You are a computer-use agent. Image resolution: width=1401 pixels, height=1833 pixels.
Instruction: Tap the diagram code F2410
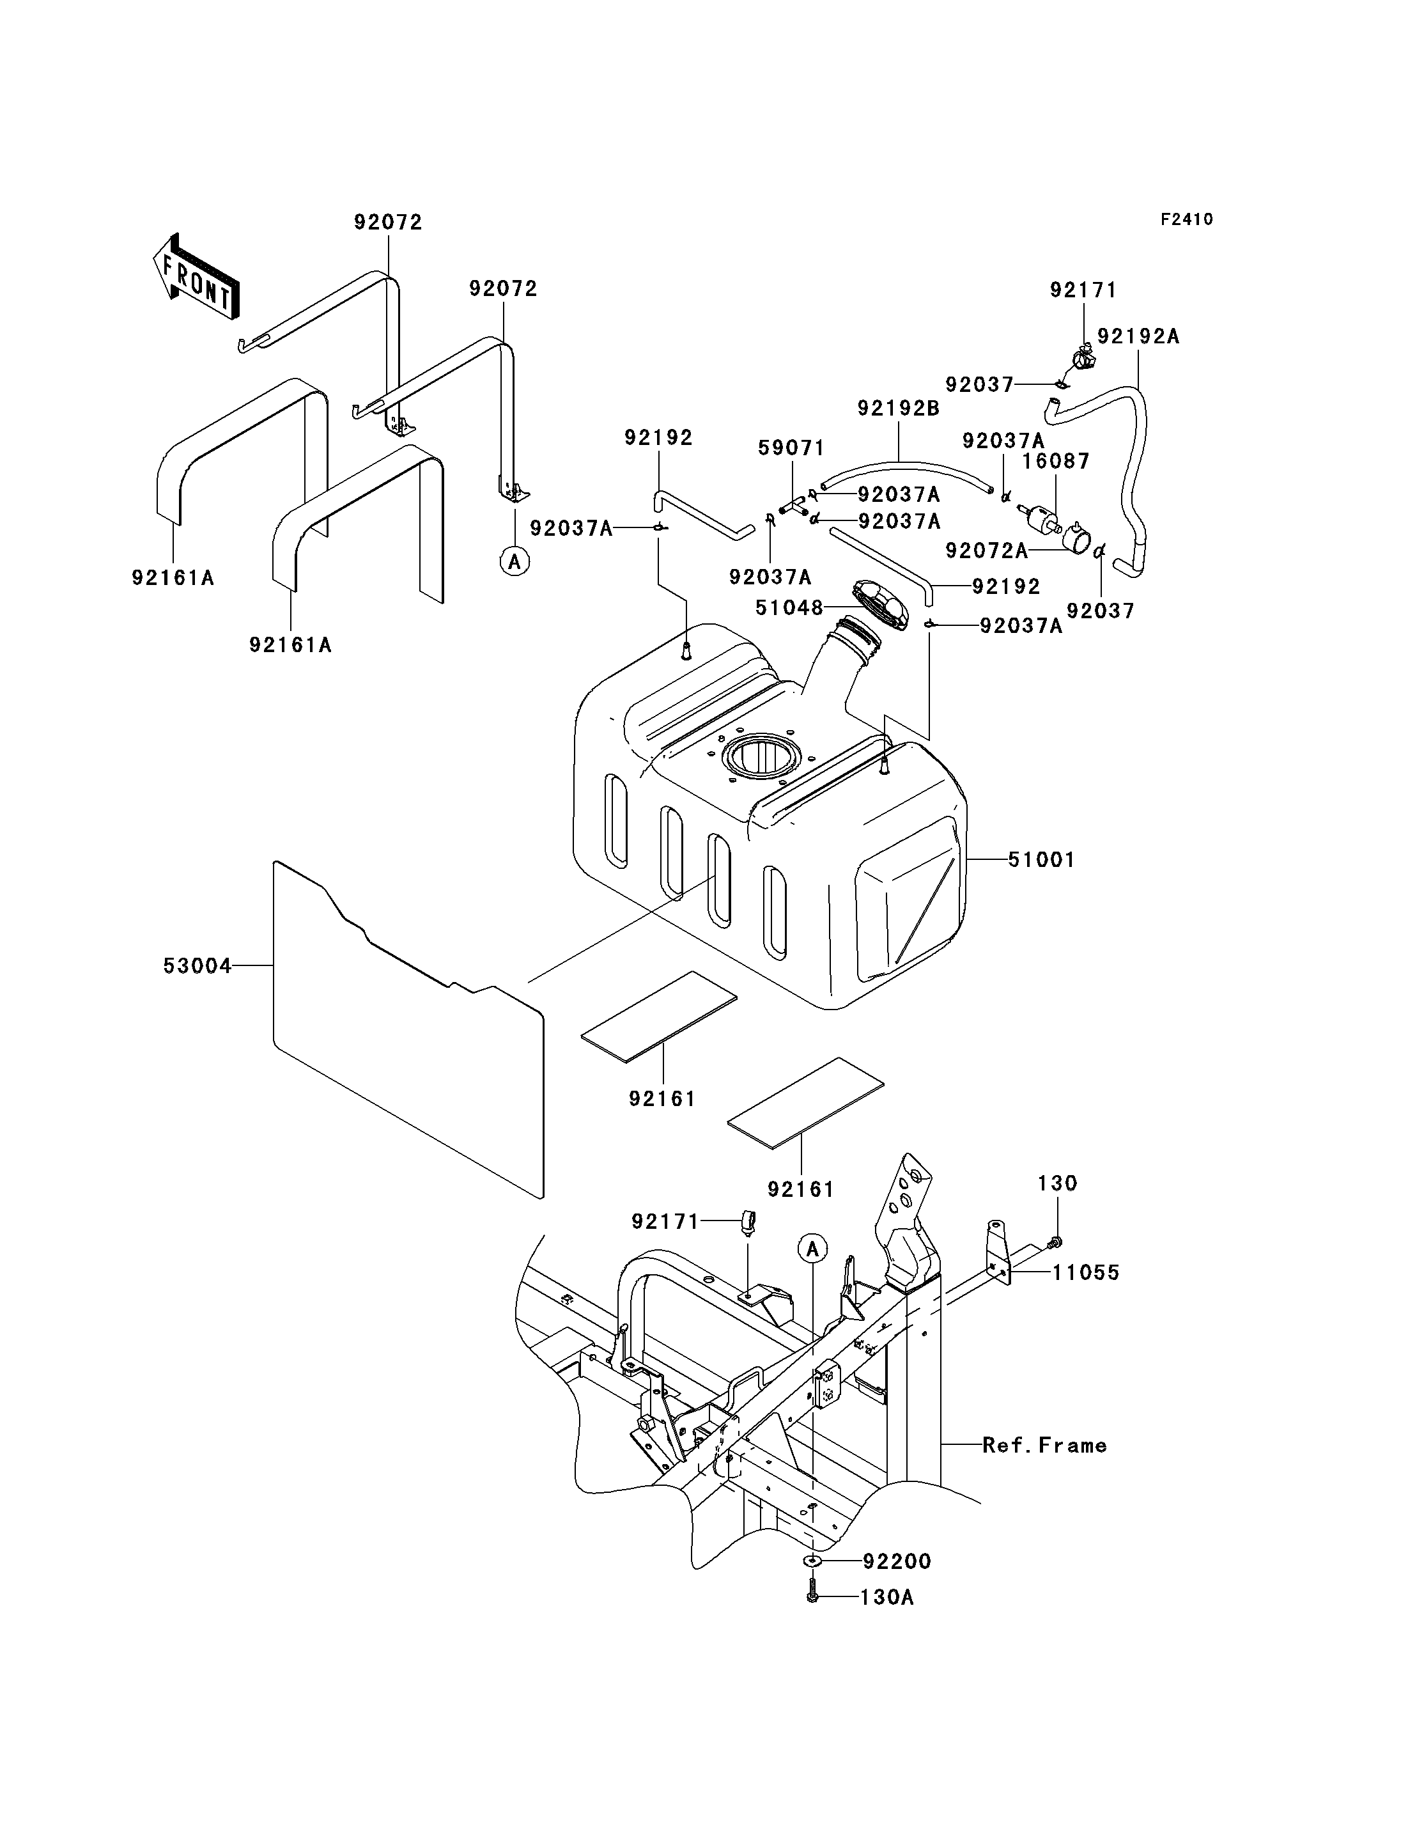1187,219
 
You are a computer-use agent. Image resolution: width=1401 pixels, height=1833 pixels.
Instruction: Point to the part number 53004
197,966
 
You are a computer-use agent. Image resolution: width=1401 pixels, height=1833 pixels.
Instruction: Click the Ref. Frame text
1044,1446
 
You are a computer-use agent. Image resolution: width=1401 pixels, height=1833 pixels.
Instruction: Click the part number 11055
1086,1273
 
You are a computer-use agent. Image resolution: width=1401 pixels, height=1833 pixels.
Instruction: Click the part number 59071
791,449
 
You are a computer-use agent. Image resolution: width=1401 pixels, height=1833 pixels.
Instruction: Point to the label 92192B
899,409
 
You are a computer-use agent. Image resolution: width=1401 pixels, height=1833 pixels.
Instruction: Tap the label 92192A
1138,336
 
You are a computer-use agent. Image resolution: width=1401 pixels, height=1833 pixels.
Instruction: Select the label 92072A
987,550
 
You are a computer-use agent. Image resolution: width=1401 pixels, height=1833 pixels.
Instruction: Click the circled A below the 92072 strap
515,563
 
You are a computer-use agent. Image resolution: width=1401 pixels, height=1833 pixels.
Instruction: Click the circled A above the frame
812,1249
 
